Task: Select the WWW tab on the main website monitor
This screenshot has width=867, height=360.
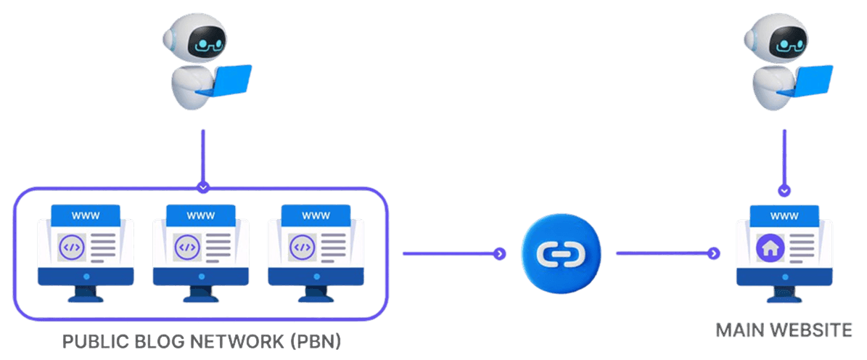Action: point(784,216)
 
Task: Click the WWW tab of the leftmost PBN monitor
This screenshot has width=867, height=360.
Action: point(86,216)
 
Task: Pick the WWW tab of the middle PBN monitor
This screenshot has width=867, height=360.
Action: point(201,216)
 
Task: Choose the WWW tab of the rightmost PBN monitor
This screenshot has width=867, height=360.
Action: point(316,216)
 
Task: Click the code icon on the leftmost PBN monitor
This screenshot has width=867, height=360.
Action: point(72,247)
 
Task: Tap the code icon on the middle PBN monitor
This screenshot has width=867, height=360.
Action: point(187,247)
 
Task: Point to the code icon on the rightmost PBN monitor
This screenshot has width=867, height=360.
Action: point(302,247)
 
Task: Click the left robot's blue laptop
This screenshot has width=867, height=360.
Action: point(231,80)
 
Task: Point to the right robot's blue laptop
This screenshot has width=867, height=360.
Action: point(813,80)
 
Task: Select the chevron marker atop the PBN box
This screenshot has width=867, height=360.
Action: point(203,187)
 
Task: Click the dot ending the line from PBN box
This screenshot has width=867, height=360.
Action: point(498,253)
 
